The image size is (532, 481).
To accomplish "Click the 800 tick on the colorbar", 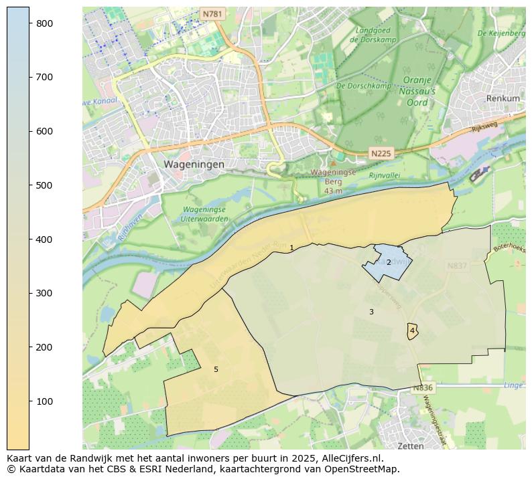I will (x=30, y=23).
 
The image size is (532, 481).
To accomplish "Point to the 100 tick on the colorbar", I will (x=30, y=401).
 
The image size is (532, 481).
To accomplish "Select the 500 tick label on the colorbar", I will (x=44, y=185).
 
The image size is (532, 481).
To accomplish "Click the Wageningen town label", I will (x=194, y=164).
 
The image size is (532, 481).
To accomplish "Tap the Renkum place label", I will (x=503, y=98).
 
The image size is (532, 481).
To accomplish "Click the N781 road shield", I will (x=212, y=13).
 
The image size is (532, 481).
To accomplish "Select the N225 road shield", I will (x=381, y=154).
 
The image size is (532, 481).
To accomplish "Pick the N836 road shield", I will (x=423, y=388).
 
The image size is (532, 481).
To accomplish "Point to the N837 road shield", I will (x=457, y=266).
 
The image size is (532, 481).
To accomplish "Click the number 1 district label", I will (x=291, y=248).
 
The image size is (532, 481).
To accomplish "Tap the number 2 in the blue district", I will (x=389, y=263).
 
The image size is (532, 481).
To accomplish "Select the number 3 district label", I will (x=371, y=312).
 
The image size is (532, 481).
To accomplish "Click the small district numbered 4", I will (x=412, y=331).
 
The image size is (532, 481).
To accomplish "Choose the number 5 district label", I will (x=216, y=370).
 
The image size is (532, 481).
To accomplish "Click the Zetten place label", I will (x=411, y=446).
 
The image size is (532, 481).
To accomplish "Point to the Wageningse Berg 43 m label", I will (x=333, y=181).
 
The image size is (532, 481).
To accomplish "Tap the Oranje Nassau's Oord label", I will (x=419, y=91).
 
